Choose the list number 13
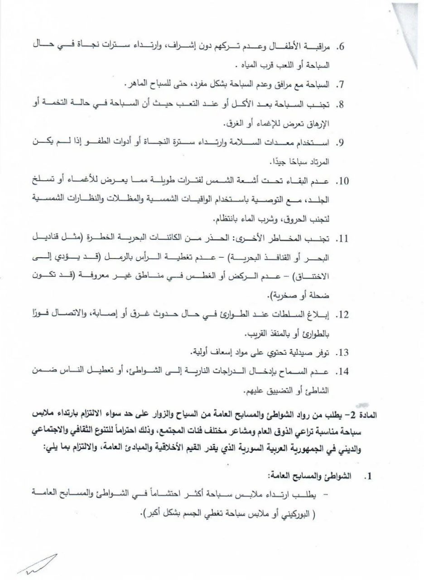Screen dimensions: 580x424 [x=342, y=352]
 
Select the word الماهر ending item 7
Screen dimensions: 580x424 [x=139, y=85]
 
